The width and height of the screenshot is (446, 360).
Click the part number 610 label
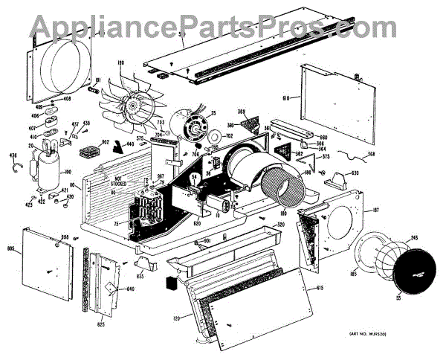pyautogui.click(x=287, y=98)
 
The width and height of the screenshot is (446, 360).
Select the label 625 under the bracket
pyautogui.click(x=100, y=324)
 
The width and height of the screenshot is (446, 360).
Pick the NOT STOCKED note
pyautogui.click(x=108, y=180)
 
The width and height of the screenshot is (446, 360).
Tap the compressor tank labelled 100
pyautogui.click(x=44, y=164)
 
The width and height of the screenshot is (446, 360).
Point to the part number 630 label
pyautogui.click(x=355, y=173)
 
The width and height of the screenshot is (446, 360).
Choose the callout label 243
pyautogui.click(x=413, y=238)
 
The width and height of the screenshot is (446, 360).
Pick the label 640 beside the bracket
pyautogui.click(x=131, y=289)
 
